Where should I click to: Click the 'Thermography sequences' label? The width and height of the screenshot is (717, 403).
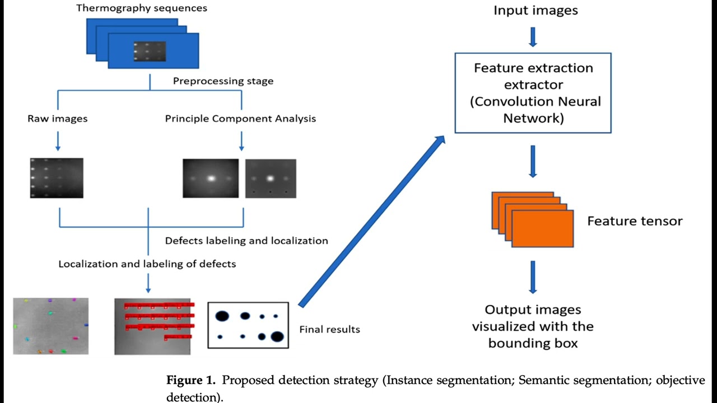click(x=142, y=8)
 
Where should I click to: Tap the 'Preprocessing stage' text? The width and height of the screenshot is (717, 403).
click(x=223, y=81)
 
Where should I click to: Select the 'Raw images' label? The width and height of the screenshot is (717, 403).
click(x=58, y=119)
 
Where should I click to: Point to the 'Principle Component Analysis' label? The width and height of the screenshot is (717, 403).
click(x=240, y=119)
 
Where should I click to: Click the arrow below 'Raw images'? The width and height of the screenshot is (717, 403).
click(x=58, y=140)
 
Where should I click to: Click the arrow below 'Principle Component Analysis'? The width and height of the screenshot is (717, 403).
click(x=241, y=140)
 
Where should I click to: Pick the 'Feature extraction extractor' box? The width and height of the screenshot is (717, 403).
click(x=533, y=93)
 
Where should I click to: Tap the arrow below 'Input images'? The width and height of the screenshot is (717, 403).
click(x=533, y=37)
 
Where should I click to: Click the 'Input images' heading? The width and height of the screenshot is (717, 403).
click(x=536, y=10)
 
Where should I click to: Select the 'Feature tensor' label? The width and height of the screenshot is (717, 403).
click(x=635, y=221)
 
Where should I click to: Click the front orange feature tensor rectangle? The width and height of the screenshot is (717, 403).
click(x=543, y=228)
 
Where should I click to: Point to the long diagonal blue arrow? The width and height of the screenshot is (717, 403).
click(x=371, y=221)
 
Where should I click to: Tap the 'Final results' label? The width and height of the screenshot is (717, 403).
click(x=330, y=330)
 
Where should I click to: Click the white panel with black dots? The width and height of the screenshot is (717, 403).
click(x=248, y=325)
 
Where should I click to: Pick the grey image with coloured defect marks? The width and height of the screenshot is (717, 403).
click(x=51, y=326)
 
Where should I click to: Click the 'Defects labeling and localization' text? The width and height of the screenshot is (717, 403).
click(x=246, y=241)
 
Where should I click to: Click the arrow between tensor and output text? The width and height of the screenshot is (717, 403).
click(x=533, y=277)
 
